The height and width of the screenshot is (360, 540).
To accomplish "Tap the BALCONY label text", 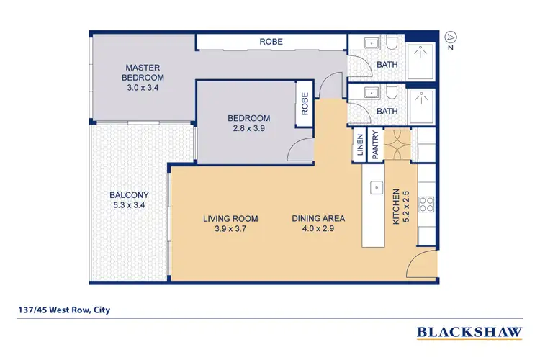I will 130,195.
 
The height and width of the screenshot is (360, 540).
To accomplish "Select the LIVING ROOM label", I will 230,219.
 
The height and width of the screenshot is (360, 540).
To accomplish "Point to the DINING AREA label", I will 318,219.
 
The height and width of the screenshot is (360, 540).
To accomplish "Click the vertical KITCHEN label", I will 396,208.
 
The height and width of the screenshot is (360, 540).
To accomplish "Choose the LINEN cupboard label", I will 359,144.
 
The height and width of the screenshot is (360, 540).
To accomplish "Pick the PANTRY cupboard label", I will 375,144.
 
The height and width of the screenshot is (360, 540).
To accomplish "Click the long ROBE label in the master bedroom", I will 271,42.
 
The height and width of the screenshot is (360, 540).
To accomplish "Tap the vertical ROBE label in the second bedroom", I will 305,105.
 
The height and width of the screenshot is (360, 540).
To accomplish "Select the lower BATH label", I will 387,112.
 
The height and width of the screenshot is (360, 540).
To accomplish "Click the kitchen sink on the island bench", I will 375,188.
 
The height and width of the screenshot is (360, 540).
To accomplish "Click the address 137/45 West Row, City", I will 65,311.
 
